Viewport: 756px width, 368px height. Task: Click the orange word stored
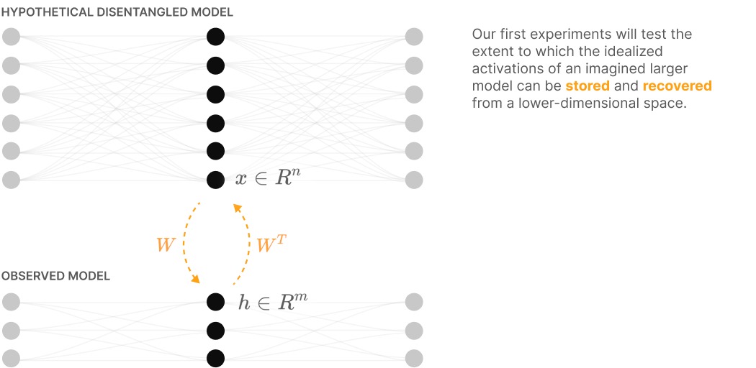click(588, 86)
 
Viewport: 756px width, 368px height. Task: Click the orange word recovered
click(677, 86)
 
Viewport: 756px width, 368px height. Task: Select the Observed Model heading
click(55, 277)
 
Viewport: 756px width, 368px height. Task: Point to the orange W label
click(166, 244)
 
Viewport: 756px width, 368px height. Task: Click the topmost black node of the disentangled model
click(215, 37)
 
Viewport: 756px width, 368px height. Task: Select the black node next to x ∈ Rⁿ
click(215, 180)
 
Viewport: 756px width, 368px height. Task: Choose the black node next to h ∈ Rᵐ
click(215, 302)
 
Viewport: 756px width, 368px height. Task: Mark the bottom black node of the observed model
click(215, 358)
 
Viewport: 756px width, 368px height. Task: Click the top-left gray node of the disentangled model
click(11, 37)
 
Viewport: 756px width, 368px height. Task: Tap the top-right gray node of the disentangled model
click(413, 37)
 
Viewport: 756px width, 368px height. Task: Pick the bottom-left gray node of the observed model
click(11, 358)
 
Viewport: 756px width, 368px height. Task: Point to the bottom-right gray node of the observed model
click(413, 358)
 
